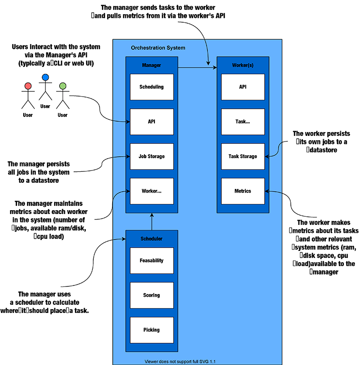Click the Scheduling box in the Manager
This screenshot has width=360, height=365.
[x=152, y=87]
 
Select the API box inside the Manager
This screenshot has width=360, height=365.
[x=152, y=122]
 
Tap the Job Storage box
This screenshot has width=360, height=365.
[x=152, y=156]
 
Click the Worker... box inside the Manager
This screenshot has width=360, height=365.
[x=152, y=191]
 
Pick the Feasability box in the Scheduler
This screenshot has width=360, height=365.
[x=152, y=260]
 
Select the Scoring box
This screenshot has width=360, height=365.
[x=152, y=295]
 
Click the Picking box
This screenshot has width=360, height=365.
[x=152, y=330]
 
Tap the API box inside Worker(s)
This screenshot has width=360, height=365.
[x=243, y=87]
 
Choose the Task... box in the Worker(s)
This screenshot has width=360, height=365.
[x=243, y=122]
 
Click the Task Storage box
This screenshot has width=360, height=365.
[x=243, y=156]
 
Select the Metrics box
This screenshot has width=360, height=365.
[x=243, y=191]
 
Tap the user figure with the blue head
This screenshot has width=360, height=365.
[x=45, y=88]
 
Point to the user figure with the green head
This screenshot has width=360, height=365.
[x=62, y=97]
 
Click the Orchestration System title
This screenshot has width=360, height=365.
[x=158, y=48]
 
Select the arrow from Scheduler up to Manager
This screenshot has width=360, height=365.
[x=152, y=221]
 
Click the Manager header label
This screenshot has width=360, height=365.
[x=152, y=65]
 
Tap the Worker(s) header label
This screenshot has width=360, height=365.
[x=243, y=65]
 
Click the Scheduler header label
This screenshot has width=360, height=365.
[x=152, y=239]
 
